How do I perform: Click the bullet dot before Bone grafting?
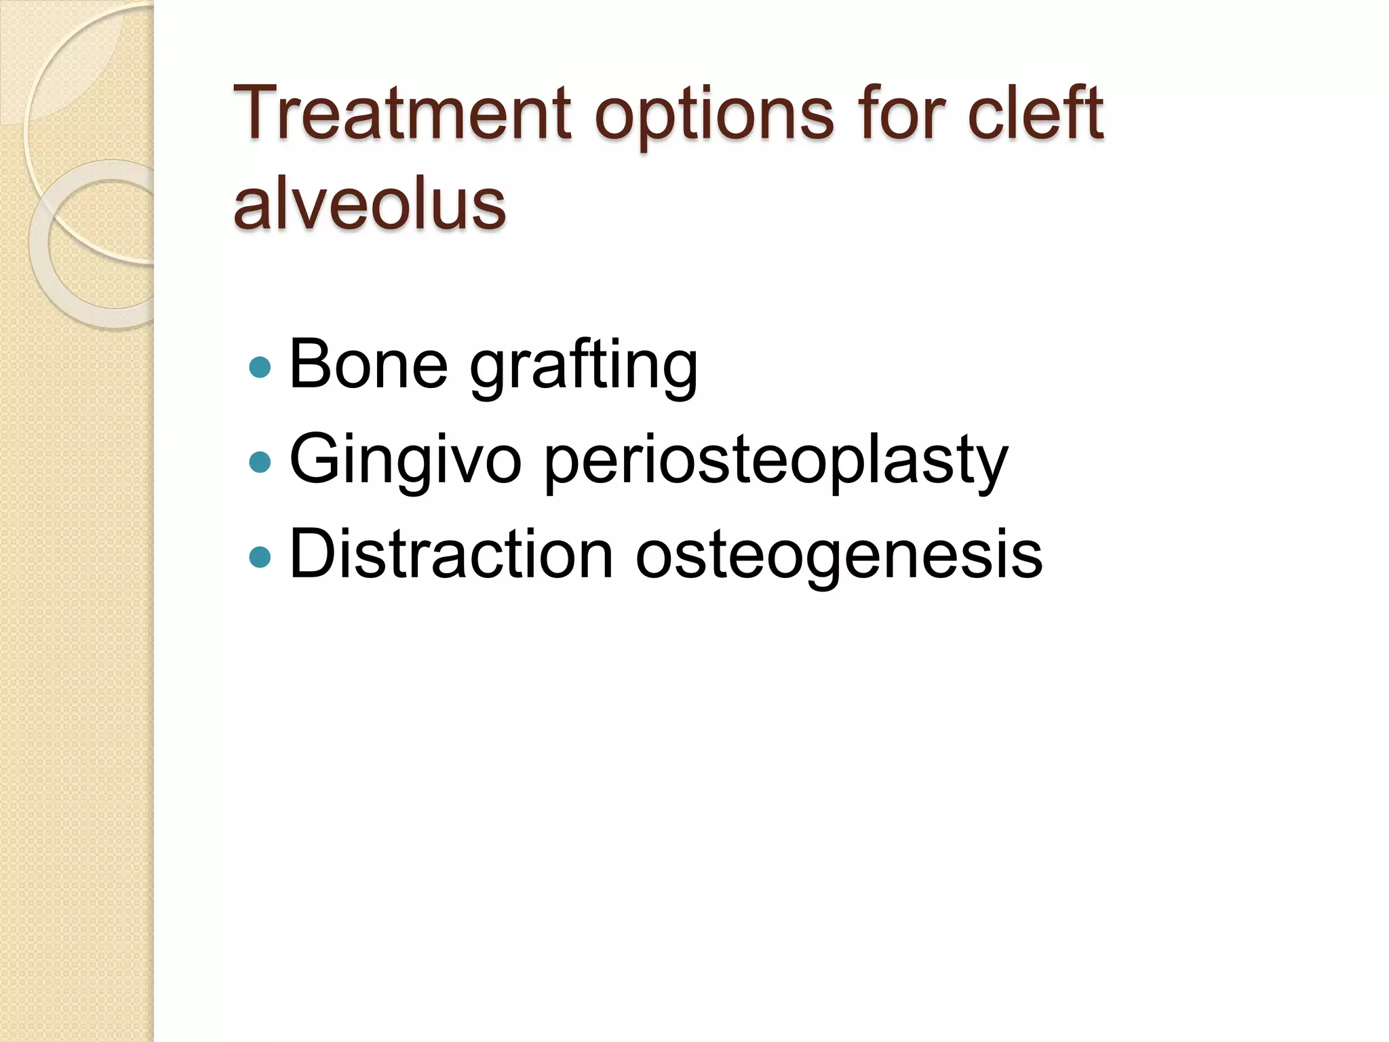click(260, 367)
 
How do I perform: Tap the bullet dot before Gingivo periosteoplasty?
click(260, 462)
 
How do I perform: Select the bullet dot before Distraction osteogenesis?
click(260, 557)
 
